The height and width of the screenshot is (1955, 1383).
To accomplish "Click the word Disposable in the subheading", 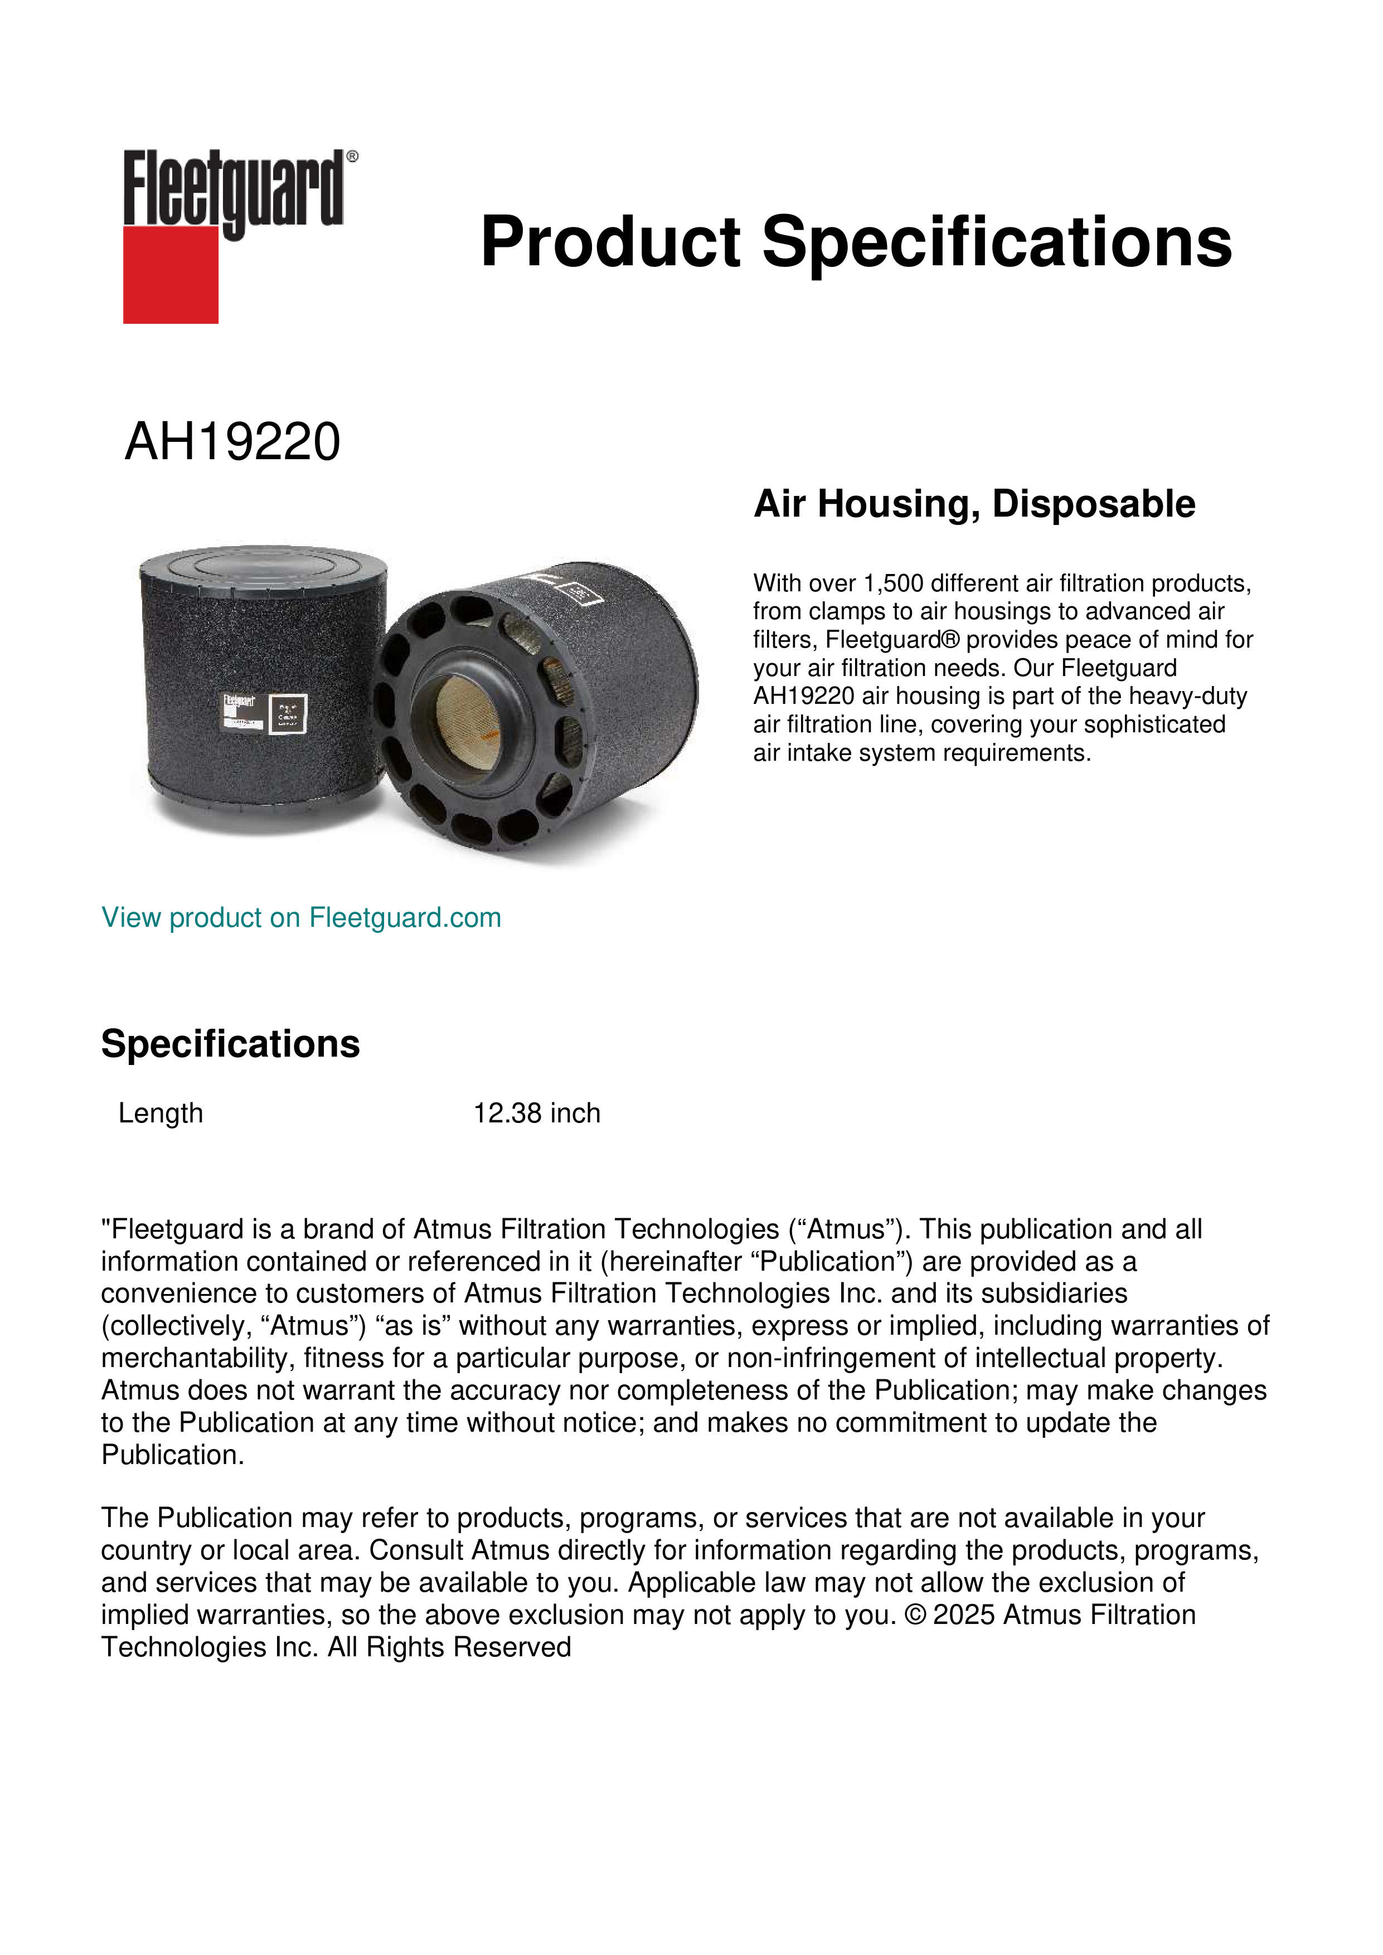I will (x=1094, y=504).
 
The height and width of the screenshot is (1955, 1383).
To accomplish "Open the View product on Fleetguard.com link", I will (x=300, y=918).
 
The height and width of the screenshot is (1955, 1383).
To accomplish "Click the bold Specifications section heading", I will (x=230, y=1044).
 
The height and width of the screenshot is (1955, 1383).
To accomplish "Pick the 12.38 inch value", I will (x=536, y=1113).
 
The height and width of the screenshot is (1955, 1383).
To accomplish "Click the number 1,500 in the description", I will (x=894, y=583).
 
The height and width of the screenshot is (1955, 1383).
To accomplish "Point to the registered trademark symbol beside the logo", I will (x=352, y=157).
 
